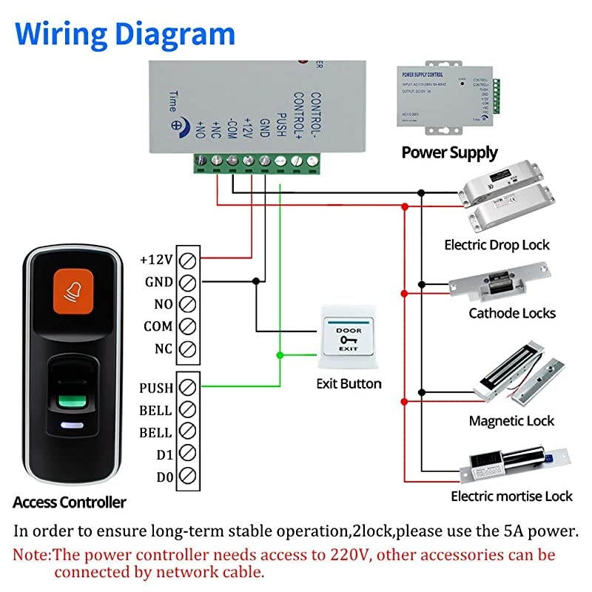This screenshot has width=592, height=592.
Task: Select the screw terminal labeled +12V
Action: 188,260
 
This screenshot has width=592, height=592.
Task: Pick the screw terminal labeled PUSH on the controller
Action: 188,387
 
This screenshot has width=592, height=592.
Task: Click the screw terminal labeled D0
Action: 188,476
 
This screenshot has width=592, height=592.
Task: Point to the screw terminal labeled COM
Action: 188,326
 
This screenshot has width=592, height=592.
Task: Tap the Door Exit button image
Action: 345,339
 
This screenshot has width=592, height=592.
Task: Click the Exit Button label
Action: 349,383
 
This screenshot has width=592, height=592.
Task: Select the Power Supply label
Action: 449,153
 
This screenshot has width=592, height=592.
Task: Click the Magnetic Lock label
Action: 511,421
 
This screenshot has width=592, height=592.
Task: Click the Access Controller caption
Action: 70,502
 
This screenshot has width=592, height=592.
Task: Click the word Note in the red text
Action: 32,555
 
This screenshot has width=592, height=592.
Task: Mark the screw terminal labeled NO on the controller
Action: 188,304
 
